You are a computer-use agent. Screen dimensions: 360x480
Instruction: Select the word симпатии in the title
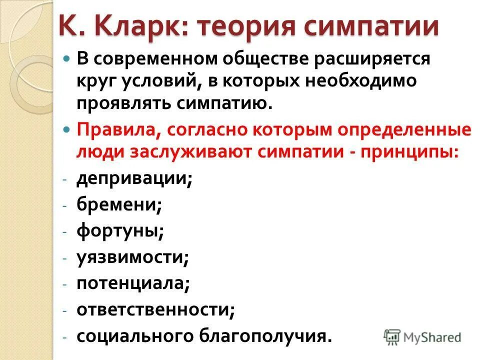pos(364,26)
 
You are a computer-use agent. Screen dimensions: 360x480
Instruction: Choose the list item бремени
pos(118,204)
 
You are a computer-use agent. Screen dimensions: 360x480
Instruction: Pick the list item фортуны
pos(120,230)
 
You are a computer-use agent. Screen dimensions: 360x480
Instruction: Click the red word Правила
pos(118,130)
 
